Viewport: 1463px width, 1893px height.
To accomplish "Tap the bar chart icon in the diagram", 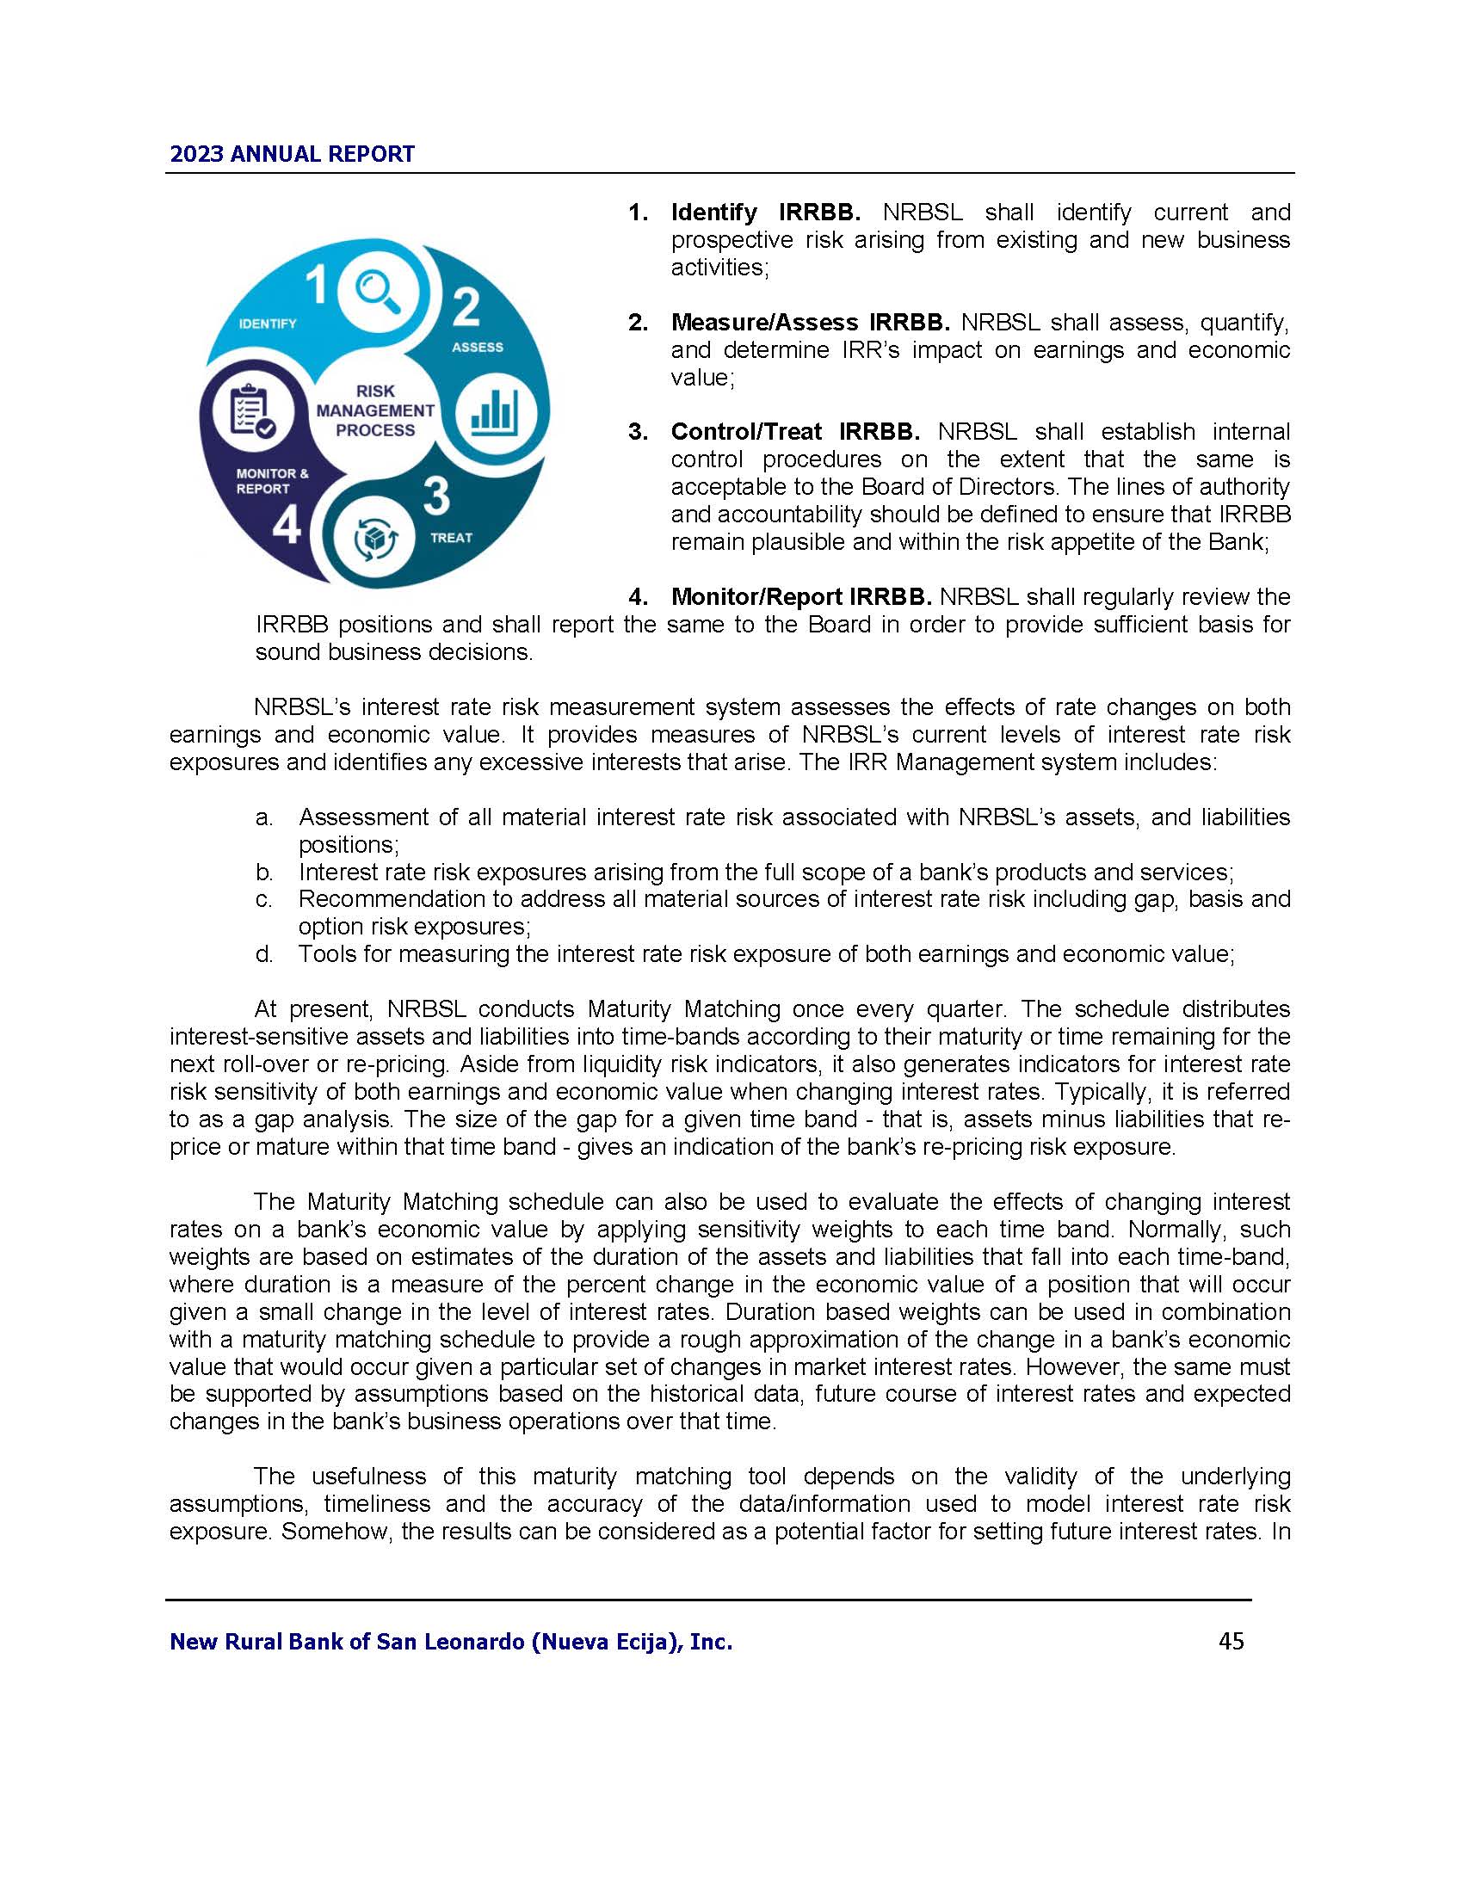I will [x=495, y=410].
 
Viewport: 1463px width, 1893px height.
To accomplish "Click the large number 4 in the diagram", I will [x=286, y=524].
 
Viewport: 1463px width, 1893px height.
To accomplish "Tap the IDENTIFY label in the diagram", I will [x=268, y=324].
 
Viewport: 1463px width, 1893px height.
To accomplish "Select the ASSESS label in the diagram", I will [x=478, y=347].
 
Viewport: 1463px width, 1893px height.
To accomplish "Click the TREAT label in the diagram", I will [x=452, y=538].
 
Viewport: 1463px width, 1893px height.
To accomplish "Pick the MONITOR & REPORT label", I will [x=271, y=481].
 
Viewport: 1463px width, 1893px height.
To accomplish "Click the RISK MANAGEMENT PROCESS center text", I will [x=374, y=410].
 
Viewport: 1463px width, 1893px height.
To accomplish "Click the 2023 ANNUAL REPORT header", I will [x=292, y=154].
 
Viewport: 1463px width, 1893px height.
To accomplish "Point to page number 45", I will [x=1231, y=1641].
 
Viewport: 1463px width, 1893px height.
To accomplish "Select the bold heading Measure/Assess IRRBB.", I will [x=810, y=323].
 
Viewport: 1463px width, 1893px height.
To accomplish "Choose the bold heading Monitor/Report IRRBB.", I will [x=801, y=596].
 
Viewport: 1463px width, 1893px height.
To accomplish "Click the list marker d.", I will [x=264, y=954].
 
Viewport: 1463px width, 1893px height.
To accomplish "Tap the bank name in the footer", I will [x=451, y=1642].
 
